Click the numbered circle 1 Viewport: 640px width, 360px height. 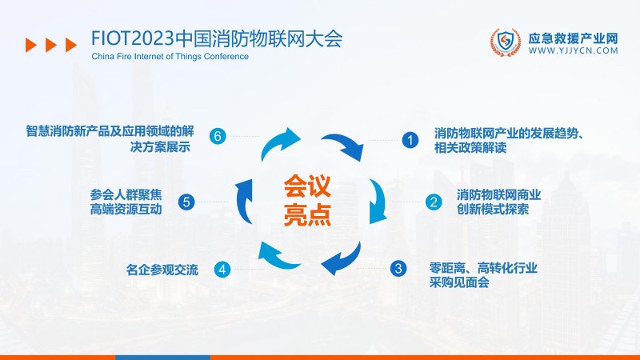410,140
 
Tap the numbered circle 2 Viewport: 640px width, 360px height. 433,202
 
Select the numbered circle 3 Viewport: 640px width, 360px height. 398,269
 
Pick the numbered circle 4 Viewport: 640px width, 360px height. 222,269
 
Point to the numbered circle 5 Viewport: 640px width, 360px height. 186,202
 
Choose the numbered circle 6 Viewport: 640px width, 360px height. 218,136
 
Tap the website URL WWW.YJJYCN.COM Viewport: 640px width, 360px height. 574,50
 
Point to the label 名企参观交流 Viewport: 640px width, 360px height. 162,269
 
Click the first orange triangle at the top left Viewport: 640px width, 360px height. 30,45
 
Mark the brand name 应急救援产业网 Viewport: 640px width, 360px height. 574,37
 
